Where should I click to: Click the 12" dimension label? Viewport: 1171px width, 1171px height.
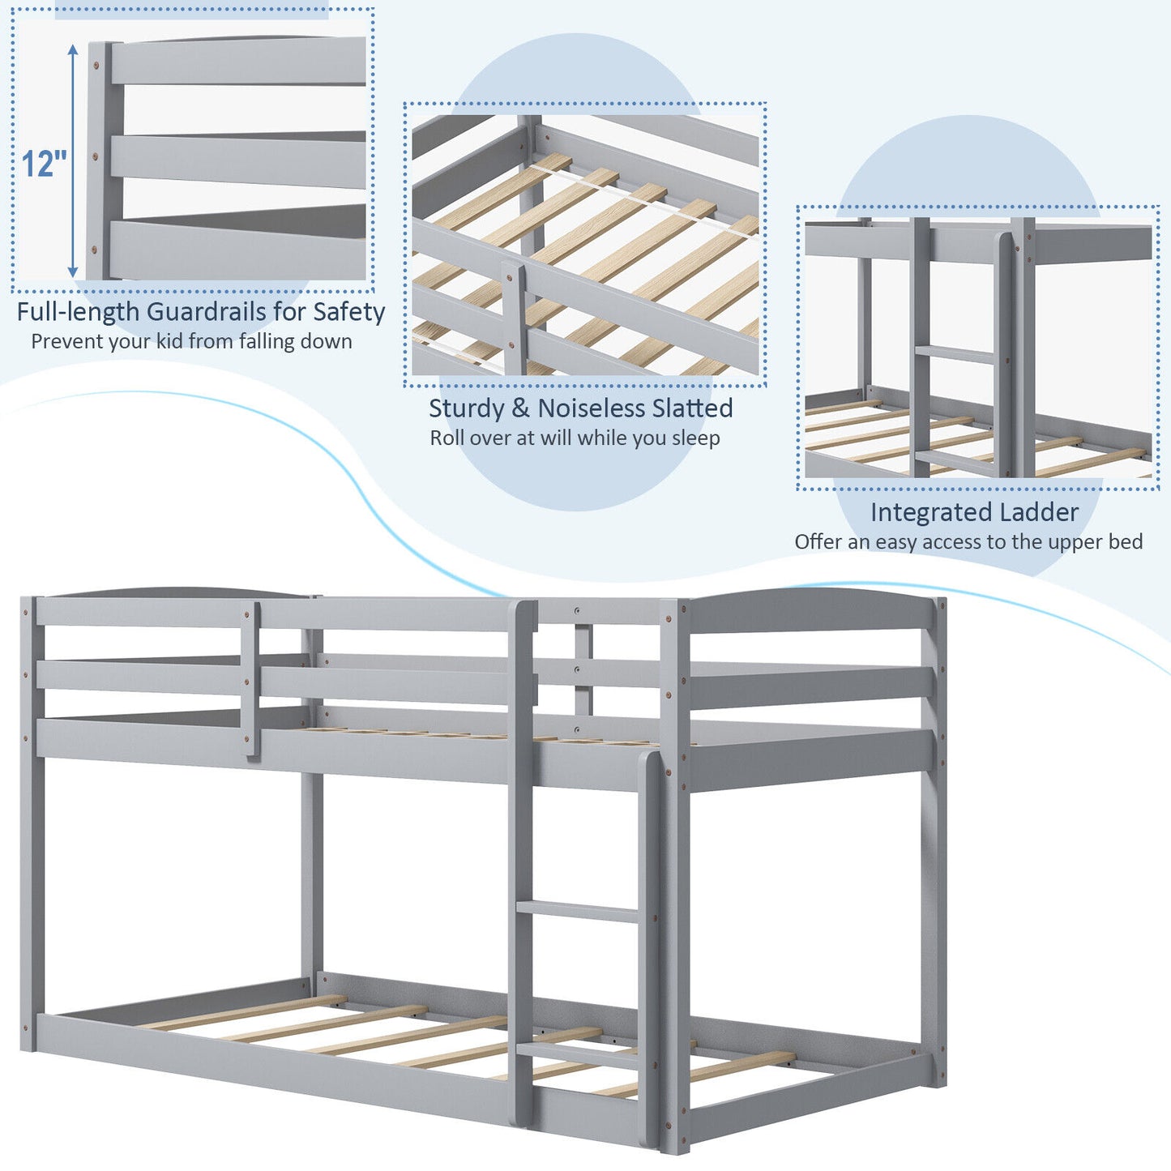pos(44,164)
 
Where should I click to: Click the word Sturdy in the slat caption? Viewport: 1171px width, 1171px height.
pos(466,408)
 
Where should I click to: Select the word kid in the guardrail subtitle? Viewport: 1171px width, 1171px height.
pos(169,341)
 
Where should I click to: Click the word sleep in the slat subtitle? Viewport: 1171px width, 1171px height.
pos(695,438)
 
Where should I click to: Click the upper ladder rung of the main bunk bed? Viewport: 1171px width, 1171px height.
pos(579,911)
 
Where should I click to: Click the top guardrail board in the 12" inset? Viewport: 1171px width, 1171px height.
pos(238,61)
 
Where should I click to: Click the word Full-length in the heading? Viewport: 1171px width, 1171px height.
pos(78,312)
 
